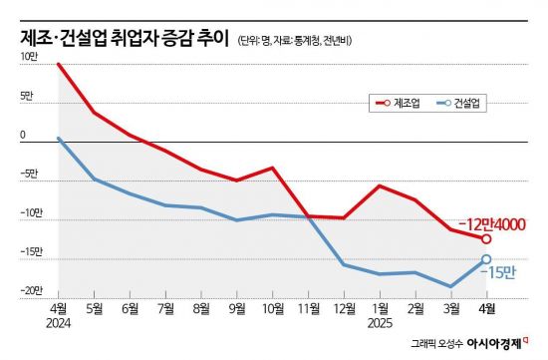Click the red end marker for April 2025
[x=486, y=238]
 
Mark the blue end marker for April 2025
[x=486, y=259]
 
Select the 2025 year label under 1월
[x=380, y=323]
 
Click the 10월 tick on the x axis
[x=272, y=309]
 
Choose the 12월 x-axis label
[x=344, y=309]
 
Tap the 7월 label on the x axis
[x=165, y=309]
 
